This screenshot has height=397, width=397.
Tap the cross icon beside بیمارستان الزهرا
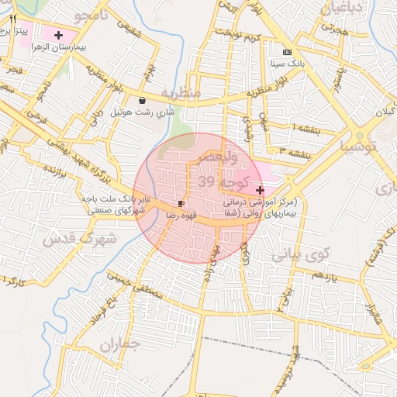coord(59,35)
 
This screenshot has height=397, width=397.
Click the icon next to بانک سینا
coord(288,52)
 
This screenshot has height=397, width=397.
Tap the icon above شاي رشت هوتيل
coord(141,101)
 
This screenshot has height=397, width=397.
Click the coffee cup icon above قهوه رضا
coord(181,202)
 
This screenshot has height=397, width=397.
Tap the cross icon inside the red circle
coord(259,190)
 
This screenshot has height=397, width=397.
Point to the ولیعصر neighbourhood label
coord(223,157)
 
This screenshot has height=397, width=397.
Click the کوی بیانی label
coord(302,253)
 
